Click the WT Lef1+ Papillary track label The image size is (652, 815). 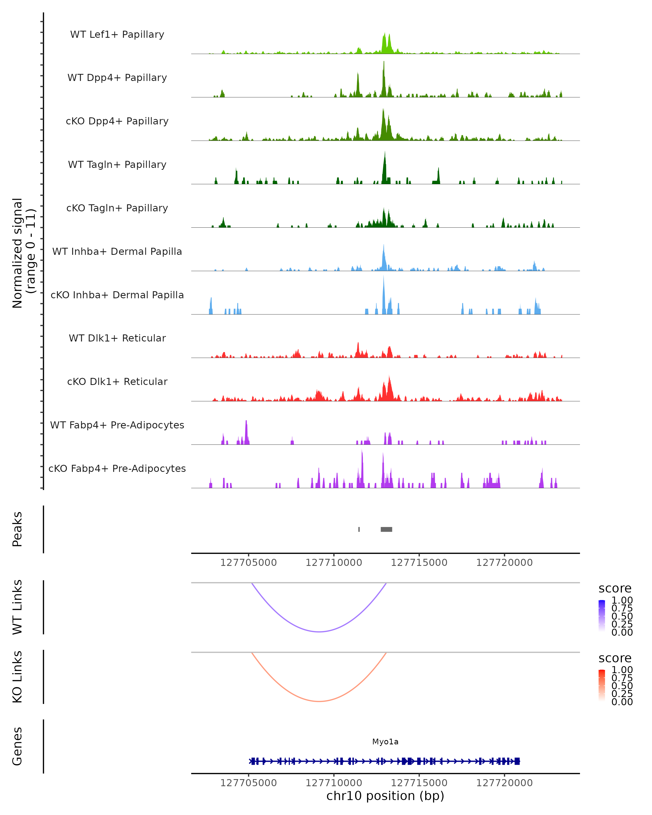[x=117, y=35]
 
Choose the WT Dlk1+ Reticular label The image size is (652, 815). [x=117, y=338]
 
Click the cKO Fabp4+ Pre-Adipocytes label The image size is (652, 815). [x=117, y=468]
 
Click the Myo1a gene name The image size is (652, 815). [x=385, y=742]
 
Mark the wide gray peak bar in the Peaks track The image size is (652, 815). [x=386, y=529]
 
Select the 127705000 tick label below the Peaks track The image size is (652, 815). [x=248, y=563]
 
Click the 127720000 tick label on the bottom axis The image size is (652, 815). [x=504, y=783]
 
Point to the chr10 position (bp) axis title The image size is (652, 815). [x=385, y=796]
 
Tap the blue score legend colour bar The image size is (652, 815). [x=602, y=615]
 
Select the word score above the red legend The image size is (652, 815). [x=615, y=658]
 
